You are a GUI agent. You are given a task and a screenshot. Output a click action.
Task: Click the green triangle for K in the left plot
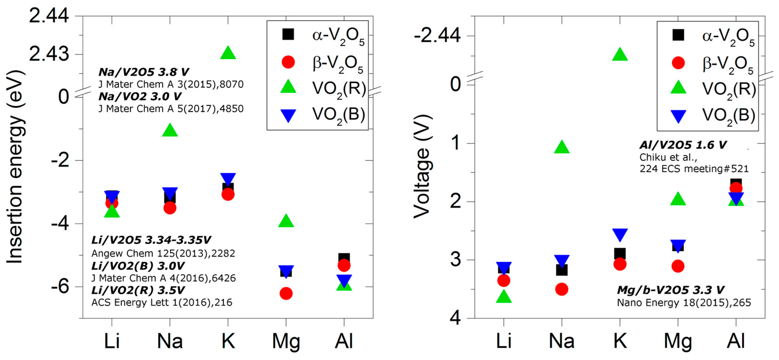click(228, 53)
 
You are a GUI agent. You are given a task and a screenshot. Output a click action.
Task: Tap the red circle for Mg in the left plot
click(286, 293)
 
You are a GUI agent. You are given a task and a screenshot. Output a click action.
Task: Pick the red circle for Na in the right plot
click(562, 289)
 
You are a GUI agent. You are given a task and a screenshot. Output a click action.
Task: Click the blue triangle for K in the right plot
click(620, 234)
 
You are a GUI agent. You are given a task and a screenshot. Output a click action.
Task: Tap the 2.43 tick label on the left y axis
click(49, 55)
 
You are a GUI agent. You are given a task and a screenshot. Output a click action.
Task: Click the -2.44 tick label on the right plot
click(437, 36)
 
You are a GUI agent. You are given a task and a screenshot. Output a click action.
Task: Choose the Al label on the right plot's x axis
click(736, 341)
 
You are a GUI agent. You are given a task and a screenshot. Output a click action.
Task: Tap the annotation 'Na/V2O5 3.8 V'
click(144, 72)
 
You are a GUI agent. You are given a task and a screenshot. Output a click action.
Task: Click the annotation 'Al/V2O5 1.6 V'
click(683, 145)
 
